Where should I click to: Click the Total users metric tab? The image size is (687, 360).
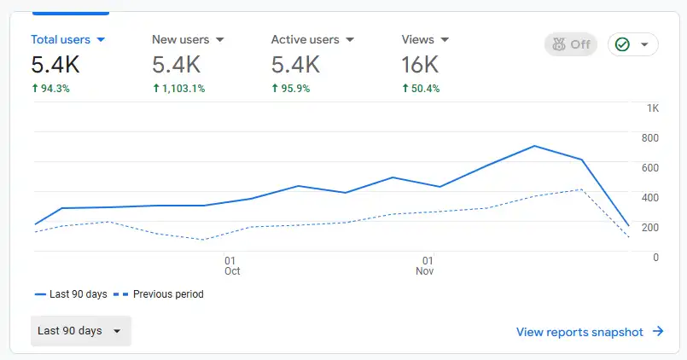pyautogui.click(x=67, y=39)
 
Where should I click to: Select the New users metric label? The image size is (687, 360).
pyautogui.click(x=187, y=39)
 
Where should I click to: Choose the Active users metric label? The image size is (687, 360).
pyautogui.click(x=312, y=39)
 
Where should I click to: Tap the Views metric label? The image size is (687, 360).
pyautogui.click(x=425, y=39)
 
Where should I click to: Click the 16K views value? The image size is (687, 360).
pyautogui.click(x=420, y=64)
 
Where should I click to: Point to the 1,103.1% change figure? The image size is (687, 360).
pyautogui.click(x=182, y=88)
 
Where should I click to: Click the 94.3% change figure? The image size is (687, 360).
pyautogui.click(x=55, y=88)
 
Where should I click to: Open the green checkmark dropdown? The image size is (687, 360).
pyautogui.click(x=632, y=44)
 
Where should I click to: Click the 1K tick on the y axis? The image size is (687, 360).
pyautogui.click(x=652, y=108)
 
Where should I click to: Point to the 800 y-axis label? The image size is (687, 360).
pyautogui.click(x=650, y=138)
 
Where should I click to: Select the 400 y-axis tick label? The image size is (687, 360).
pyautogui.click(x=650, y=198)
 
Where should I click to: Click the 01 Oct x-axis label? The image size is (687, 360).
pyautogui.click(x=231, y=266)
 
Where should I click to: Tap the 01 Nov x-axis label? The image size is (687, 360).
pyautogui.click(x=425, y=266)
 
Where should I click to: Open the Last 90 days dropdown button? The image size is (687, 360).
pyautogui.click(x=80, y=331)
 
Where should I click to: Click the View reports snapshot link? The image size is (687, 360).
pyautogui.click(x=590, y=332)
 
